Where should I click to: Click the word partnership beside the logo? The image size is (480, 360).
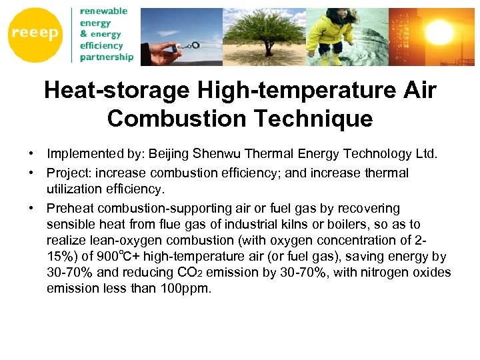click(x=107, y=57)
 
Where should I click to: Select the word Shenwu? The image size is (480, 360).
click(x=217, y=155)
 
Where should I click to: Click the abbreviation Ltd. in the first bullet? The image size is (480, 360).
click(x=425, y=155)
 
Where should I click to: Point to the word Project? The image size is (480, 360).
click(x=69, y=173)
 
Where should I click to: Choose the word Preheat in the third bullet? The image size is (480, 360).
click(x=70, y=209)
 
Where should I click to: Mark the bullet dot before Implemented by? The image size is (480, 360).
click(x=31, y=155)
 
